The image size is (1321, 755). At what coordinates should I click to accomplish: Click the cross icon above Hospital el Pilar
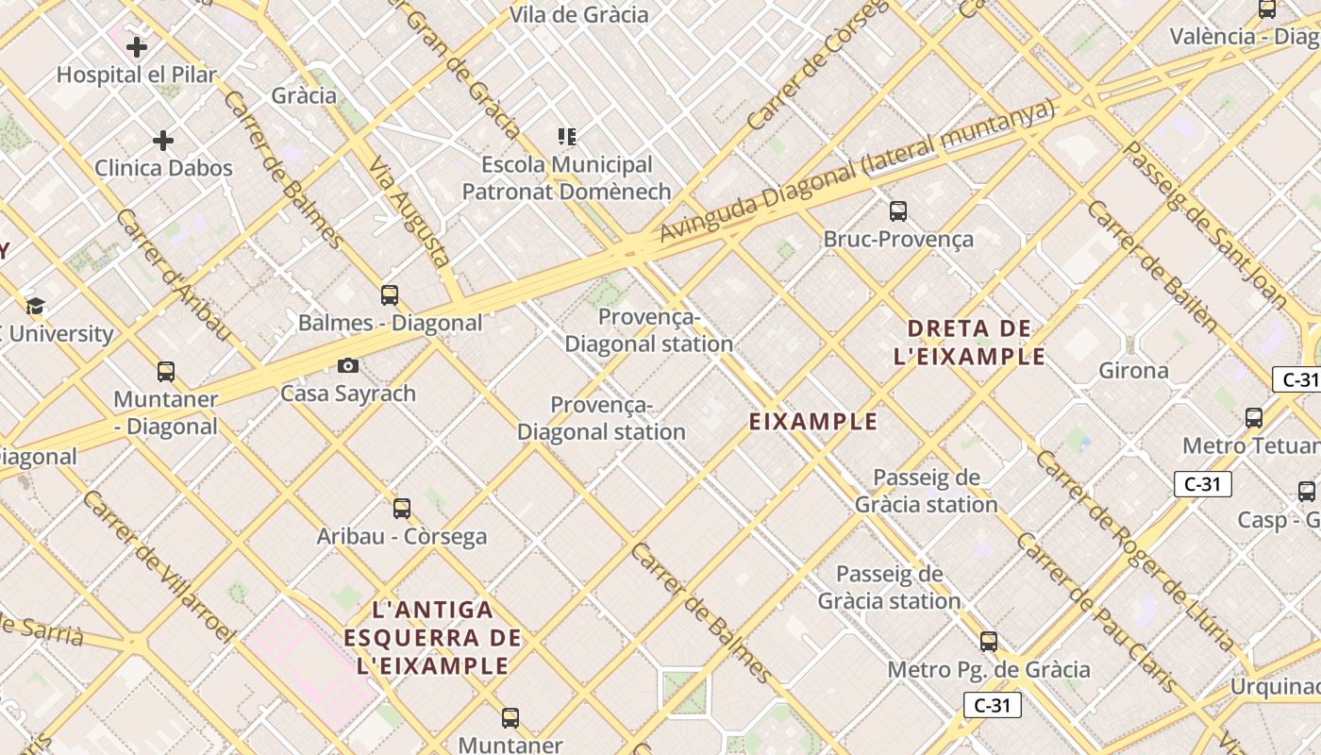[x=137, y=46]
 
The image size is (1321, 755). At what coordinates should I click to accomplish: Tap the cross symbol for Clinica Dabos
[x=163, y=142]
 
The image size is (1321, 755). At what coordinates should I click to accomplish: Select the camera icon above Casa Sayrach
[x=348, y=365]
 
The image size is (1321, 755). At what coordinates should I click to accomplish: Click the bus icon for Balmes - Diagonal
[x=390, y=295]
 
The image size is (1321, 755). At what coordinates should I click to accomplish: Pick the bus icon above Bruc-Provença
[x=898, y=211]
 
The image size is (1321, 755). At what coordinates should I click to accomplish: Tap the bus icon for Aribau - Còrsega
[x=402, y=509]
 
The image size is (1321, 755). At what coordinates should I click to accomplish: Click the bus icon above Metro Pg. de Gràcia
[x=989, y=642]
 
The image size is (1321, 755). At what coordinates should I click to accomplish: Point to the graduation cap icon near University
[x=36, y=306]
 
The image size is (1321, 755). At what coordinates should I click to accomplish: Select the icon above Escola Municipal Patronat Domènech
[x=566, y=138]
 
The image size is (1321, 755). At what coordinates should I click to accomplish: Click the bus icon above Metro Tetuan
[x=1254, y=417]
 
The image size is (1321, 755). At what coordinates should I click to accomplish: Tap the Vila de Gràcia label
[x=579, y=14]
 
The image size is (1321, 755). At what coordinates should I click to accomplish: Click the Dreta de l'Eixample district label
[x=969, y=343]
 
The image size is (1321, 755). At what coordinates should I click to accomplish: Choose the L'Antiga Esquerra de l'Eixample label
[x=433, y=637]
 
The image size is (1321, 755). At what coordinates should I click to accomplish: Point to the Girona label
[x=1133, y=370]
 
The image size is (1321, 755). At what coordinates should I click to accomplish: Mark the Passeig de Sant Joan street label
[x=1204, y=226]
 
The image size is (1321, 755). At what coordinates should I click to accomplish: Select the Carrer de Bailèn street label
[x=1151, y=264]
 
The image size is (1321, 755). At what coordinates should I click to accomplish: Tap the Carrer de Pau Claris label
[x=1096, y=613]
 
